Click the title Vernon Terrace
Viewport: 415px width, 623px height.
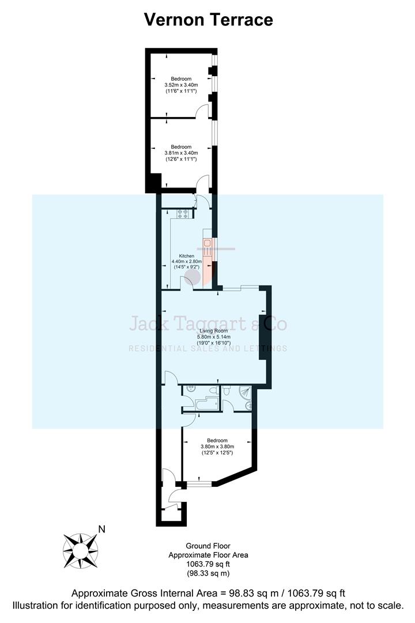(207, 20)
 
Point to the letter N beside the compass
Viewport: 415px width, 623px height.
(101, 529)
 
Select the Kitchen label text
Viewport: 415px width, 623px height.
(186, 256)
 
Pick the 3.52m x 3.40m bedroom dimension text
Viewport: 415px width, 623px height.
(181, 85)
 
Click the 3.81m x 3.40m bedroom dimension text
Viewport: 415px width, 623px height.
(181, 153)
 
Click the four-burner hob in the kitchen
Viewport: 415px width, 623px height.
(183, 213)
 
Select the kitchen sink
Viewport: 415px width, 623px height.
(207, 242)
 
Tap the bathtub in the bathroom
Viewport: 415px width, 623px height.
(206, 404)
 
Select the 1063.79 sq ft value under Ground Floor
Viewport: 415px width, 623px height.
(208, 564)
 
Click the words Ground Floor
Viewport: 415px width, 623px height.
(208, 546)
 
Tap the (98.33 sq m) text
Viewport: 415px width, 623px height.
(208, 573)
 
